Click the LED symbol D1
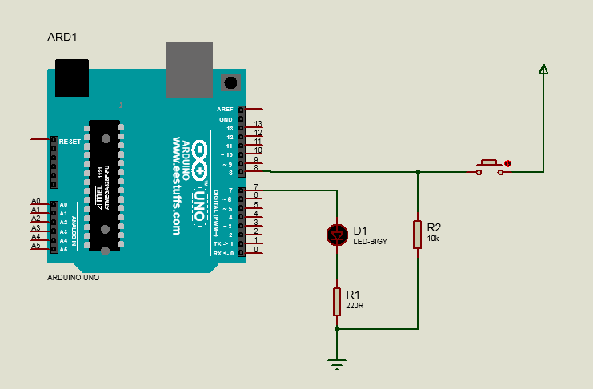coord(337,234)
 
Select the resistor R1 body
coord(337,301)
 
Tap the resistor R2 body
coord(417,235)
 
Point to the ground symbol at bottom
coord(337,364)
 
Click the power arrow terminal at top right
coord(543,70)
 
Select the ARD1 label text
coord(62,38)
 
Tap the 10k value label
coord(433,239)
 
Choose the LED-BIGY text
coord(370,241)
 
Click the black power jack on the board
coord(72,78)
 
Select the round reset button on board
coord(231,82)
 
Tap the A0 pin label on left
coord(35,201)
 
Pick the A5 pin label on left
coord(35,246)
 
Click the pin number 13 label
coord(258,124)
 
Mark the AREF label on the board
coord(225,109)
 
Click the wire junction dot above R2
coord(417,171)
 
